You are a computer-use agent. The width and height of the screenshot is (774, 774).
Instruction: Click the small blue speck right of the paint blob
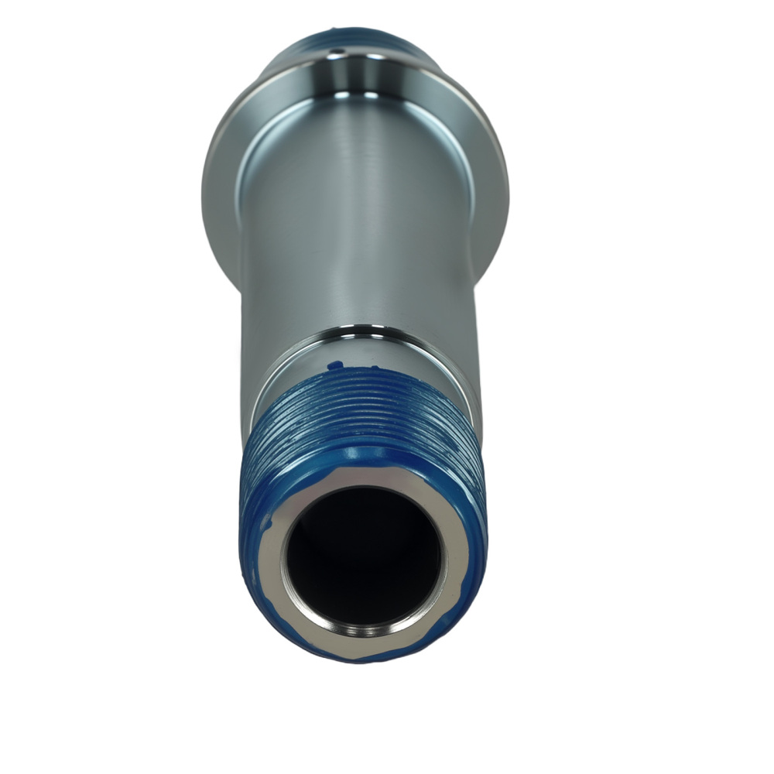pyautogui.click(x=375, y=368)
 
